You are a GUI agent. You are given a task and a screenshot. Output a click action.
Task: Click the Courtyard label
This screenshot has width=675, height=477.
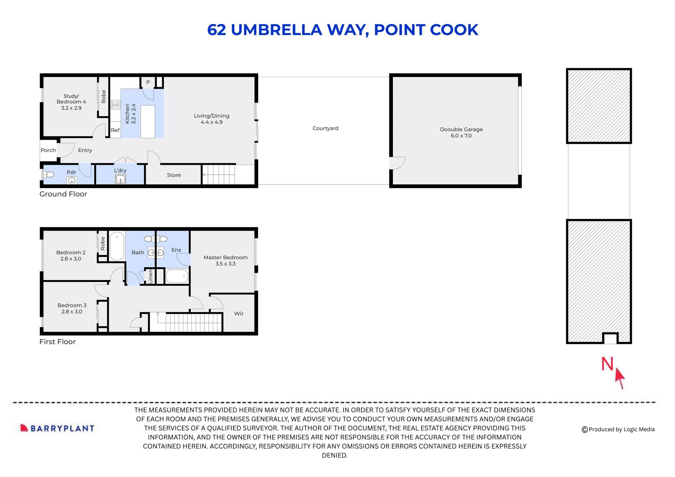click(x=325, y=128)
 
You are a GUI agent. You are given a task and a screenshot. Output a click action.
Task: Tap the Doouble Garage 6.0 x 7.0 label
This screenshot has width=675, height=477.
click(x=461, y=132)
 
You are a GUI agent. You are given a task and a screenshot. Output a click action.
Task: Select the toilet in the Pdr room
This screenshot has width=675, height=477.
click(x=49, y=174)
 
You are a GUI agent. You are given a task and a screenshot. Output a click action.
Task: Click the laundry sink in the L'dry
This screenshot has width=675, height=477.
click(x=120, y=179)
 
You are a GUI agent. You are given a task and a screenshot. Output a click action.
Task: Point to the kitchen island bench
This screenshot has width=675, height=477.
click(x=148, y=121)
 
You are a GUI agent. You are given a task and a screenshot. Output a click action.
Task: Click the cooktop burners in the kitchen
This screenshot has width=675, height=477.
click(x=115, y=105)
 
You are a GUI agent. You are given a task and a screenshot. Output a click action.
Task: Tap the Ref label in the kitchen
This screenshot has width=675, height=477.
click(x=115, y=130)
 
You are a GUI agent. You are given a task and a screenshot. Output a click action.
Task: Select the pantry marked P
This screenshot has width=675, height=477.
click(x=148, y=82)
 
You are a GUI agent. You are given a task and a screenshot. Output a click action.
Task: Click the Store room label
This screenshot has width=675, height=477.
click(x=174, y=175)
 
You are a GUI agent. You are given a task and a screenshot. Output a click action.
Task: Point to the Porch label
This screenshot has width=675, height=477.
click(x=48, y=150)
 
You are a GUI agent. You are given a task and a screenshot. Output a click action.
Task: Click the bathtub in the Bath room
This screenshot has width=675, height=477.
click(x=117, y=246)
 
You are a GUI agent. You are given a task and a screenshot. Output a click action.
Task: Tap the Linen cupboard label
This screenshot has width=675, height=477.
click(x=151, y=276)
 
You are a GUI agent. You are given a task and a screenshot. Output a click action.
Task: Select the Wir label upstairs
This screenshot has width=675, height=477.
click(x=239, y=314)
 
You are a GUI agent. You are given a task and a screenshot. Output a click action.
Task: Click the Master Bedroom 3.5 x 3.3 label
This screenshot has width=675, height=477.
click(x=225, y=261)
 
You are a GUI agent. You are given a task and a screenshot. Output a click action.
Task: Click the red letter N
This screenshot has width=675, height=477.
click(x=607, y=364)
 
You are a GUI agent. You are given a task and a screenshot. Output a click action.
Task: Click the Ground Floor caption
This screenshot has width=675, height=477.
click(x=63, y=194)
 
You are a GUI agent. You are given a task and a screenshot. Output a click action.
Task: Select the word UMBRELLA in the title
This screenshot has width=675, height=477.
click(x=276, y=30)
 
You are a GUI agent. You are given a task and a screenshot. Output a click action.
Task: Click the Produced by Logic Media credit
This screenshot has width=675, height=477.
click(x=618, y=430)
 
